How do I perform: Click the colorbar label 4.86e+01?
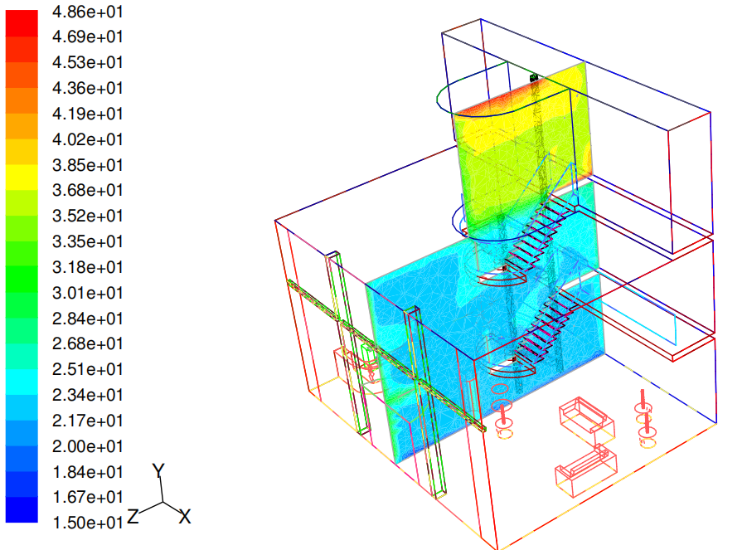(x=88, y=12)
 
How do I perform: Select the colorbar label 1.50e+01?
(x=88, y=523)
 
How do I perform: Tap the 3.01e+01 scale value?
(x=88, y=292)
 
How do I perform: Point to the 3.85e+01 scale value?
(x=88, y=165)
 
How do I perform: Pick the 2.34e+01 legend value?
(x=88, y=395)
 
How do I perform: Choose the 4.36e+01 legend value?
(x=88, y=88)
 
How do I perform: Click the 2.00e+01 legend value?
(x=88, y=446)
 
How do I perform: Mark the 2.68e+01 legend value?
(x=88, y=343)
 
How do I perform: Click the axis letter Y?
(x=158, y=471)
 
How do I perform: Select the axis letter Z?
(x=133, y=516)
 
